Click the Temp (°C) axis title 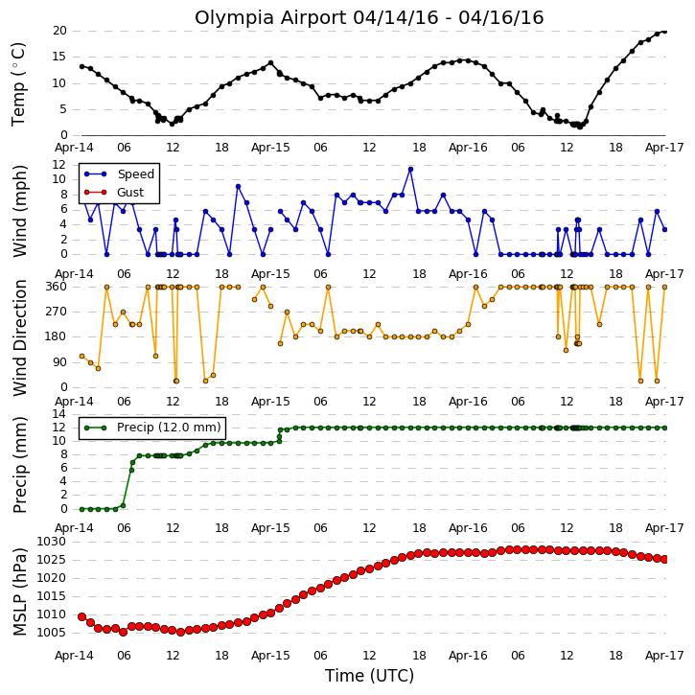tap(19, 84)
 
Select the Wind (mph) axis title tap(19, 211)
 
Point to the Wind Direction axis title tap(20, 337)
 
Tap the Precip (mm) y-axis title tap(20, 465)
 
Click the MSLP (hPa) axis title tap(20, 591)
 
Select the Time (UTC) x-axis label tap(369, 676)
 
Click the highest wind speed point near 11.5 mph tap(410, 170)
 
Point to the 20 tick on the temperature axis tap(59, 31)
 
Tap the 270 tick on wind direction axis tap(57, 312)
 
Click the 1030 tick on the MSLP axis tap(52, 542)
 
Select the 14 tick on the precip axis tap(59, 414)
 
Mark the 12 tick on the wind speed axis tap(59, 165)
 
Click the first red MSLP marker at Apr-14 tap(82, 616)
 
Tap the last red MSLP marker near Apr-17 tap(664, 560)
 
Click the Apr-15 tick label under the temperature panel tap(270, 148)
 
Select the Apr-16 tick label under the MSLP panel tap(468, 656)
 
